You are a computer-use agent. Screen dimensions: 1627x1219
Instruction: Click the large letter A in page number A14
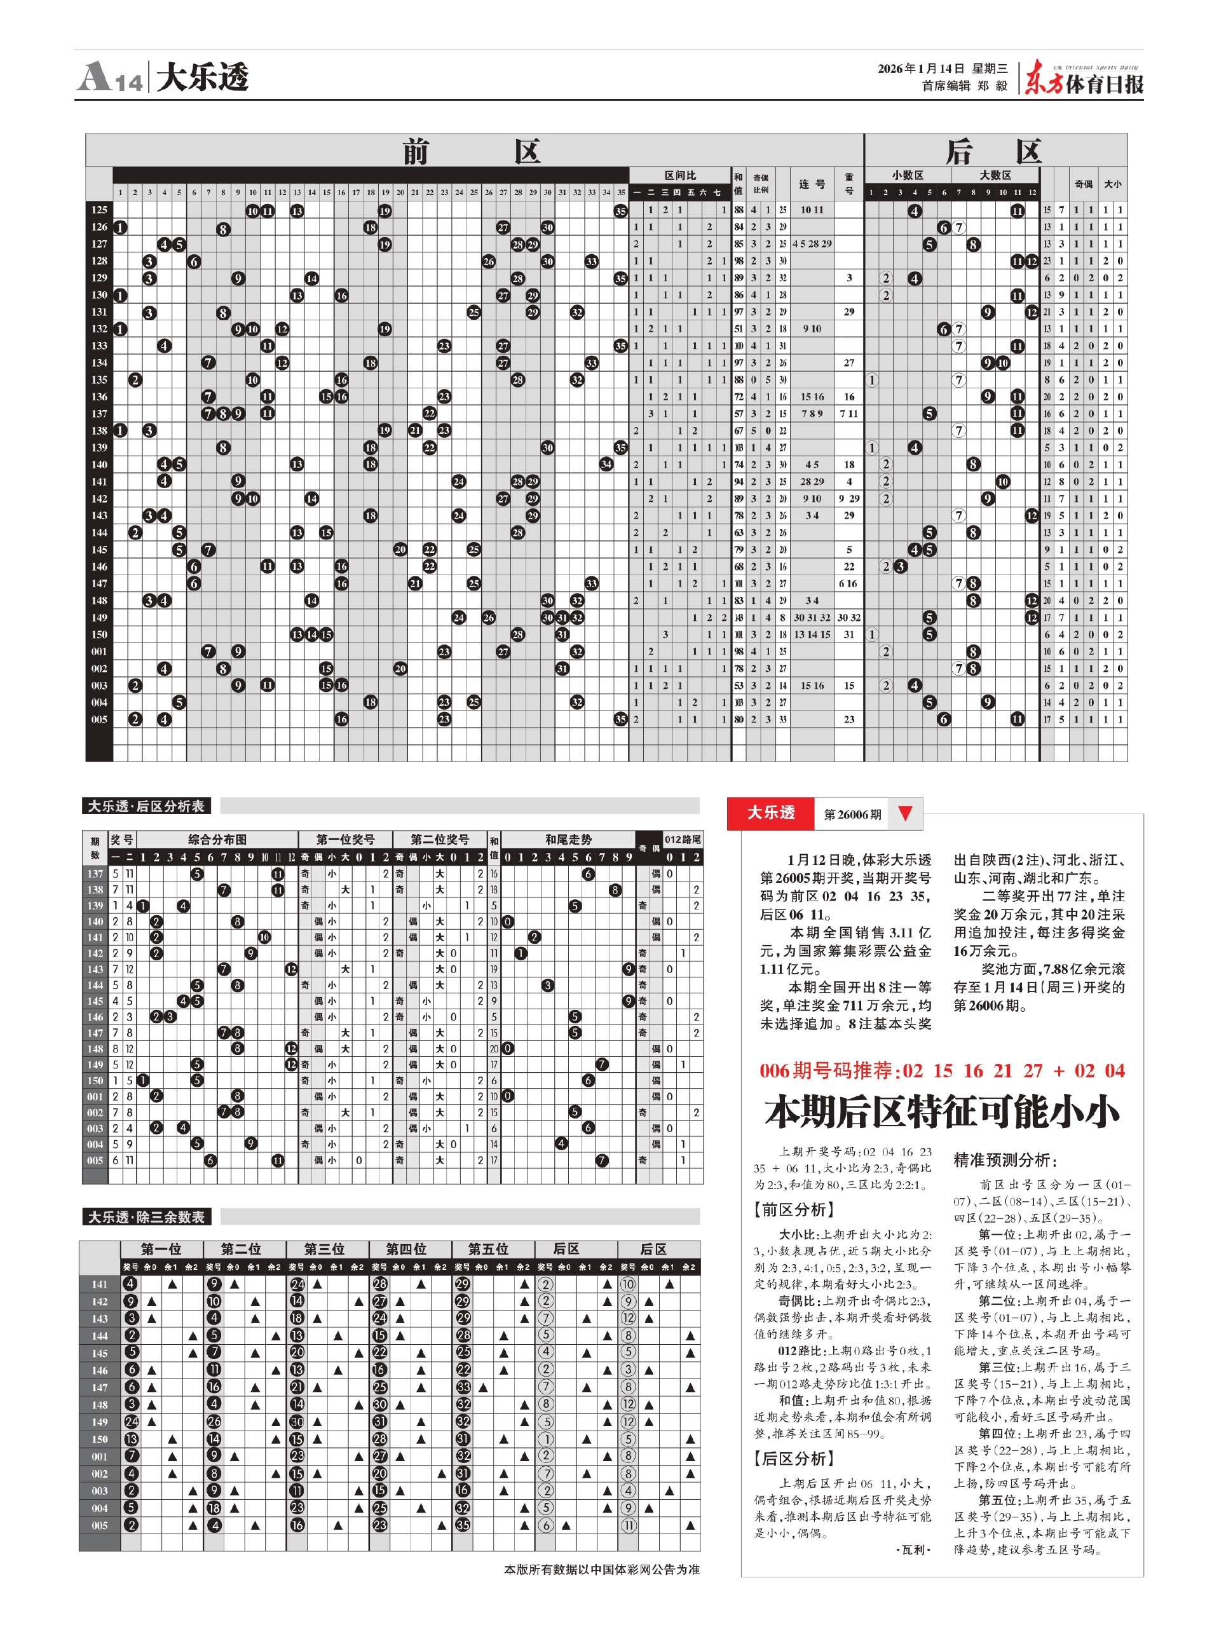[94, 76]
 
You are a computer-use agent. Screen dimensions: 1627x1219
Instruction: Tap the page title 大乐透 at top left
[202, 76]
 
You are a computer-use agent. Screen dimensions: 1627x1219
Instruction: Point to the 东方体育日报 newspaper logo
[1084, 79]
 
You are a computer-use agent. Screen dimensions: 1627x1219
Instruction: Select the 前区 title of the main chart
[472, 151]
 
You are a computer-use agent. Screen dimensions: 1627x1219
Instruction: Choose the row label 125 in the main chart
[99, 210]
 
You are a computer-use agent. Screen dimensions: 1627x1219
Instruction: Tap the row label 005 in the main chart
[99, 719]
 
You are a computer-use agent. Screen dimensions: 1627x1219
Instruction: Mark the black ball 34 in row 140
[606, 464]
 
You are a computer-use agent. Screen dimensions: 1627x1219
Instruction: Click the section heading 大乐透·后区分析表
[146, 806]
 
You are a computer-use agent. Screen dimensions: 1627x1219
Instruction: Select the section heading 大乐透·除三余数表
[146, 1217]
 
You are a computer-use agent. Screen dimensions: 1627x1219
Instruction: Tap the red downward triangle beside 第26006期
[905, 813]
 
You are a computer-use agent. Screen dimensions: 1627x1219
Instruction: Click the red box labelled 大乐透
[770, 813]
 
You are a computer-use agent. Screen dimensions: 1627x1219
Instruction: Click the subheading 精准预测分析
[1005, 1161]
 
